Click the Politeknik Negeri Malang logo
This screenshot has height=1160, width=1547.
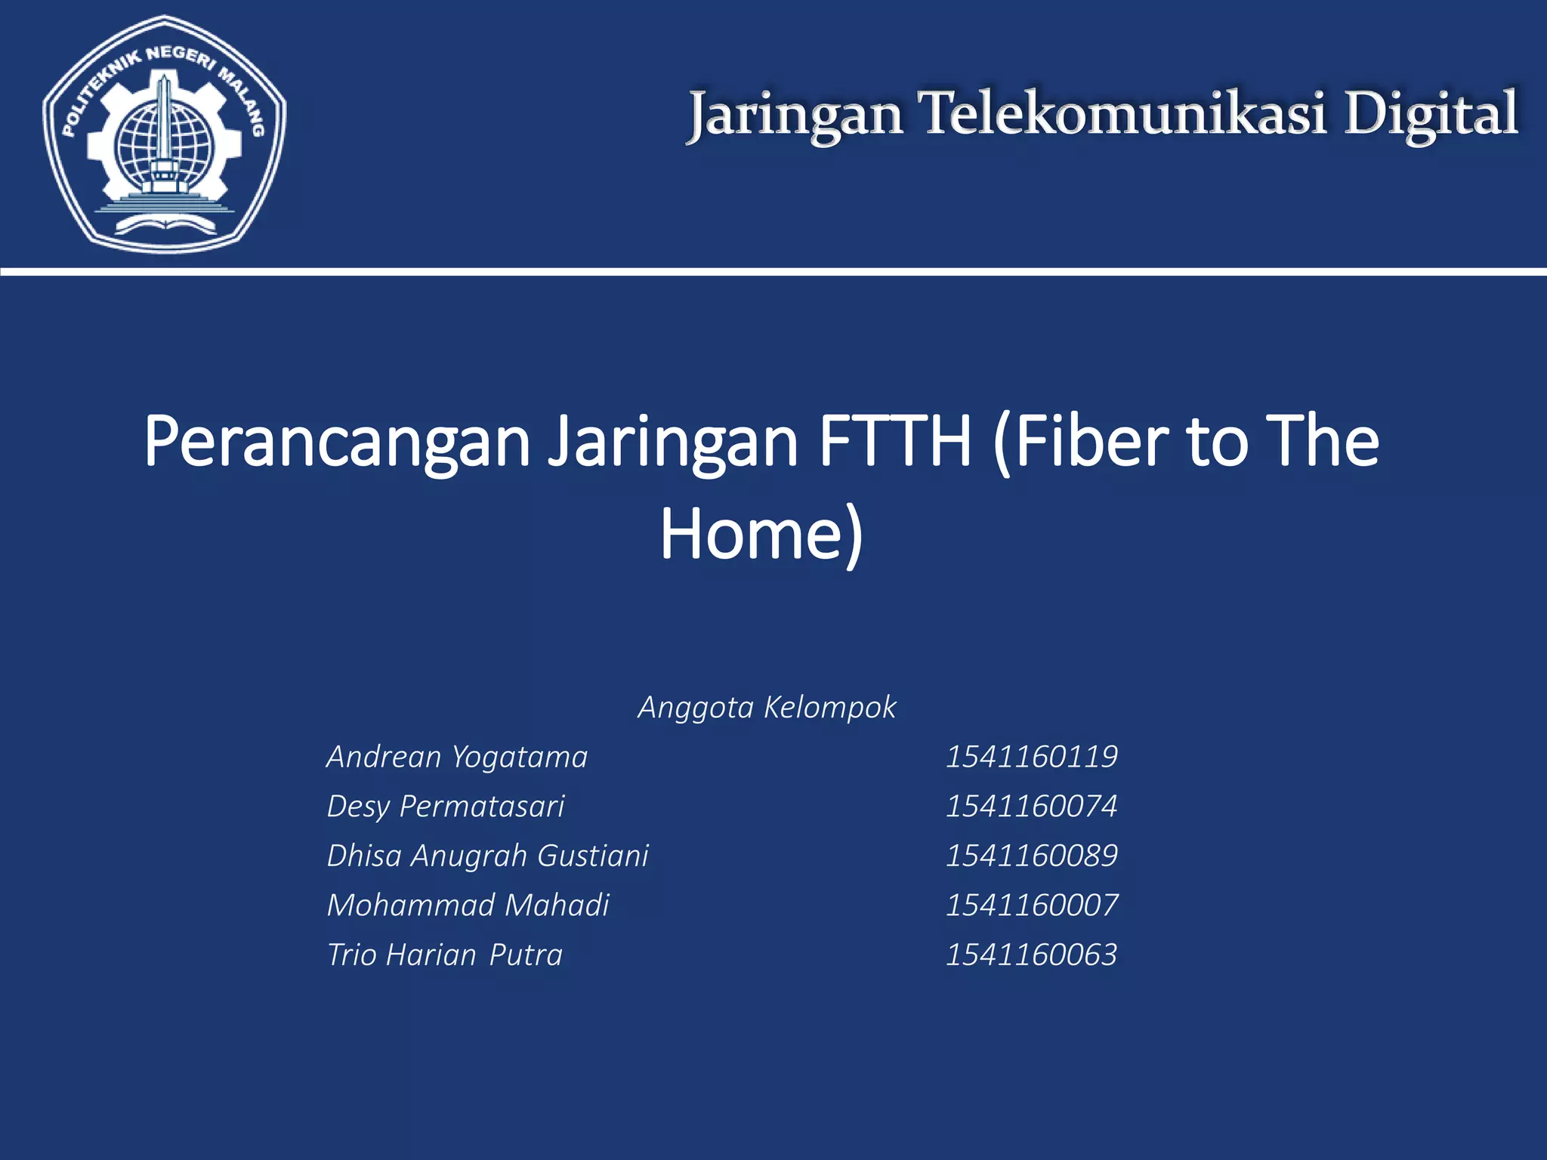point(165,134)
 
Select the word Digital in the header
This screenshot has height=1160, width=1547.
point(1431,115)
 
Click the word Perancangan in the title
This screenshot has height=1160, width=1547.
point(337,442)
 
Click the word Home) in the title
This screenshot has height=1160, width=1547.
point(761,534)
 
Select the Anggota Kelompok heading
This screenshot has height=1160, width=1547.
point(767,708)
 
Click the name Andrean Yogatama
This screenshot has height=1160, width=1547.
point(457,757)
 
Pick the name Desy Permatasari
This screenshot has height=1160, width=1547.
point(446,807)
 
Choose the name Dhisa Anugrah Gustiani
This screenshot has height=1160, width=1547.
point(487,856)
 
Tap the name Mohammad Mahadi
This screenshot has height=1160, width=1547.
point(468,905)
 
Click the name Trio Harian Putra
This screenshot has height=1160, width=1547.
point(444,955)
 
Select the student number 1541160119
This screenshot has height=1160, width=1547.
point(1031,757)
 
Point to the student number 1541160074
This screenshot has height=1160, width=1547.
point(1031,807)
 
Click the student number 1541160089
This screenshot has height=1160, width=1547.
point(1031,856)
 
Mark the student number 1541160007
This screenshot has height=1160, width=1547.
point(1031,905)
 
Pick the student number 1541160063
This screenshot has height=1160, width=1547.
point(1031,955)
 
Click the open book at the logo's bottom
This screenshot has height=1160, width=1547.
point(165,223)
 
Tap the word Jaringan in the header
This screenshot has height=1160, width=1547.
point(796,115)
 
